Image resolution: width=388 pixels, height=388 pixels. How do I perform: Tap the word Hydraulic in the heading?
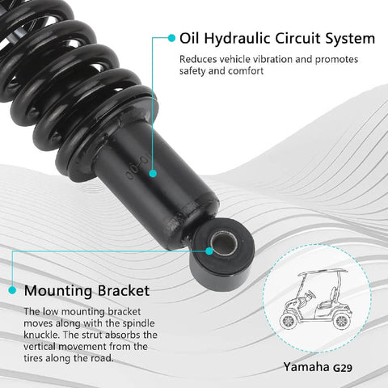[x=238, y=38]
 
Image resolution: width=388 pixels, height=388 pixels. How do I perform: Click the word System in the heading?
[x=352, y=38]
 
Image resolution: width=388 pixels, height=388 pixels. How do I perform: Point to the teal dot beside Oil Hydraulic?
[x=171, y=38]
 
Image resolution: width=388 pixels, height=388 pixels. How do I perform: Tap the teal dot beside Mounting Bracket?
[x=12, y=289]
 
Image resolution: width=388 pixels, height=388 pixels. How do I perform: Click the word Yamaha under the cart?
[x=306, y=366]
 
